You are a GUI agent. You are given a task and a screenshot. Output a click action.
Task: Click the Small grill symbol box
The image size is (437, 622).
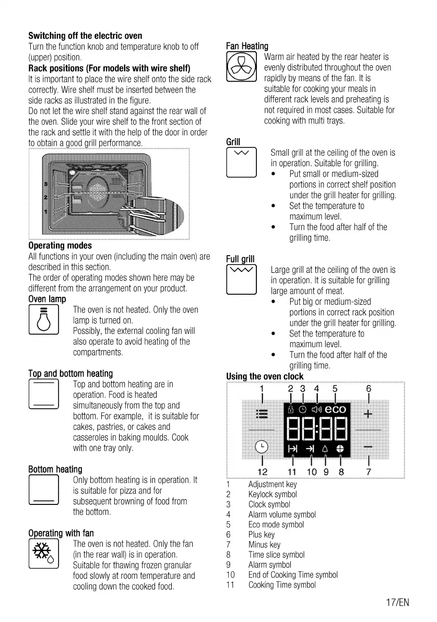[x=241, y=163]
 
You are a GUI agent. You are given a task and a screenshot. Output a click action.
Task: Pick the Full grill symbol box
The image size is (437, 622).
[x=241, y=280]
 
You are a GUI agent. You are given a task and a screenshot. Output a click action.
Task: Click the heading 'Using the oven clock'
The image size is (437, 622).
[x=265, y=376]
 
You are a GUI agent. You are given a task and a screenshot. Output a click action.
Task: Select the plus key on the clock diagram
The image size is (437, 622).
[x=368, y=414]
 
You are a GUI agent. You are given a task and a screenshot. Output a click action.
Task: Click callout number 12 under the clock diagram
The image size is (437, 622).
[x=262, y=471]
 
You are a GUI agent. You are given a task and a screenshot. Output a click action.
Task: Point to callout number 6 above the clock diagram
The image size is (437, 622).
[x=369, y=389]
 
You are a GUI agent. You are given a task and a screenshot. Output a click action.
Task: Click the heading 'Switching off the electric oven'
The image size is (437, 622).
[x=85, y=36]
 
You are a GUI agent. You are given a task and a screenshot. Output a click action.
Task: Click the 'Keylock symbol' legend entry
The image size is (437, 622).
[x=273, y=494]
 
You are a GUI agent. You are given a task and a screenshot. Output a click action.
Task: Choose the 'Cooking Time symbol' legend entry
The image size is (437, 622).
[x=282, y=585]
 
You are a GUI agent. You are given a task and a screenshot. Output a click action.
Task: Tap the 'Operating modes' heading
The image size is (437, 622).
[x=60, y=245]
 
